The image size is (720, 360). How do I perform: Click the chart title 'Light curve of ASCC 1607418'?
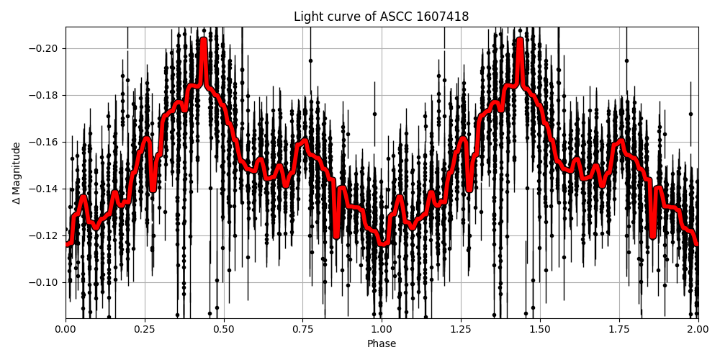point(381,17)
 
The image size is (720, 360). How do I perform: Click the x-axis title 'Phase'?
point(381,344)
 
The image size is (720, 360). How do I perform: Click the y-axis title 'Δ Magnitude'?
point(16,173)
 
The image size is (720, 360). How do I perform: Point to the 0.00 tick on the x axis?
point(66,330)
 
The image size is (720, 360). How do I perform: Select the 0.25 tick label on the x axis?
point(145,330)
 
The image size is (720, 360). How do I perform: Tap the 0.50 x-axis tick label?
point(224,330)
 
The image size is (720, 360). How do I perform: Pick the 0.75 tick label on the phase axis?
point(302,330)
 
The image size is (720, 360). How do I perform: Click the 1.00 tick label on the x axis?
point(382,330)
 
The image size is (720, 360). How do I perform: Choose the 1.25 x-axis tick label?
point(461,330)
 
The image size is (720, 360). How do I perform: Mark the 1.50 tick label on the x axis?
point(540,330)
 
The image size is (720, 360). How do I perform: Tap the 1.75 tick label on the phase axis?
point(619,330)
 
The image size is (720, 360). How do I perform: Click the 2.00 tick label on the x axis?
point(698,330)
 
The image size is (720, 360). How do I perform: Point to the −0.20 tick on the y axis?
point(45,48)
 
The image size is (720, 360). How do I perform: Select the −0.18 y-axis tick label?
point(45,95)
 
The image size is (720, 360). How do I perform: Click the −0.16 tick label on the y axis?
point(45,142)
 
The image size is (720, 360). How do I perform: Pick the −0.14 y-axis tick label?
point(45,189)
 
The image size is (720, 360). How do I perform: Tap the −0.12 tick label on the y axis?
point(45,235)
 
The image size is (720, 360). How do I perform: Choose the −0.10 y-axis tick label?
point(45,282)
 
